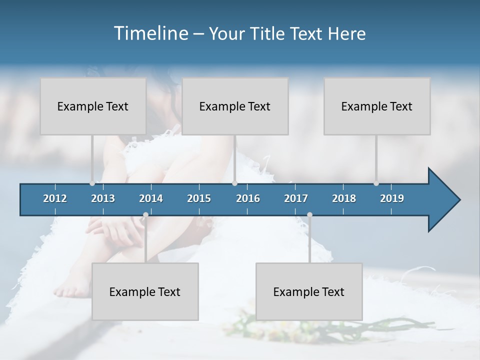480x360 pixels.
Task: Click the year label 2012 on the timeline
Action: tap(55, 198)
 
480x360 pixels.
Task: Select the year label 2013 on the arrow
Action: tap(103, 198)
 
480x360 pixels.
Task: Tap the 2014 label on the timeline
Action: tap(151, 198)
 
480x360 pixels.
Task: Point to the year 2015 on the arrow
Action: tap(199, 198)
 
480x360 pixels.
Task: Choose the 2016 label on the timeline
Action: tap(248, 198)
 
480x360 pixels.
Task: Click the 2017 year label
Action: tap(296, 198)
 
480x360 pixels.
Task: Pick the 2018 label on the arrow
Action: tap(344, 198)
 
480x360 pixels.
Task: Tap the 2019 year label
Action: tap(392, 198)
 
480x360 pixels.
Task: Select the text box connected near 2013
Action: tap(93, 106)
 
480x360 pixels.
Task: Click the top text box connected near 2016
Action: tap(235, 106)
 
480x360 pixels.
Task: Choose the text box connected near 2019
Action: tap(377, 106)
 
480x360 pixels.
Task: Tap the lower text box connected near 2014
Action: tap(145, 291)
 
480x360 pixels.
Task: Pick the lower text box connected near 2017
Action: tap(309, 291)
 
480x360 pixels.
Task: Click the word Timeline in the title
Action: tap(150, 33)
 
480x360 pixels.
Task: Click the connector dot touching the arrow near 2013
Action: tap(92, 183)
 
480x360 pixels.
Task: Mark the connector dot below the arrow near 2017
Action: tap(309, 215)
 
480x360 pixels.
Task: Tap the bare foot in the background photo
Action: tap(67, 289)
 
